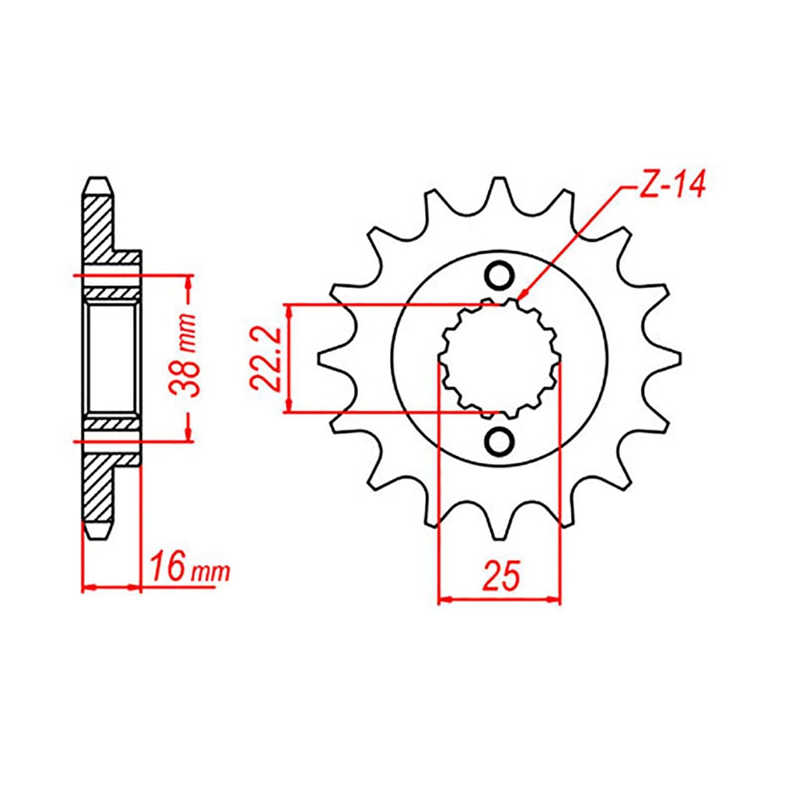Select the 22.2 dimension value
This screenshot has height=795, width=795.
pos(266,359)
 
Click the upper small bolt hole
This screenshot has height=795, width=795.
pos(500,276)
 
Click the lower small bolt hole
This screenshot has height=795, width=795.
pos(500,440)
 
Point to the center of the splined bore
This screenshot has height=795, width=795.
pos(500,358)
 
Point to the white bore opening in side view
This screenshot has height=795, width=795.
pos(110,358)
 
